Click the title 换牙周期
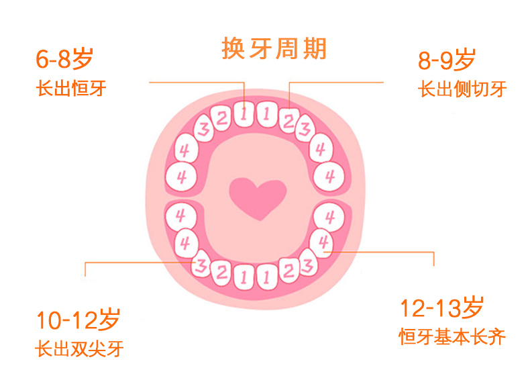point(274,50)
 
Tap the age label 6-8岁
point(64,60)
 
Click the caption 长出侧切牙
point(462,89)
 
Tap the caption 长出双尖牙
point(79,349)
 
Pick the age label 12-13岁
point(441,309)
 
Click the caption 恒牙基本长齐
point(452,336)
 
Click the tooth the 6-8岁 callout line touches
point(243,115)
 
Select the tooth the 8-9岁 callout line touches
point(288,120)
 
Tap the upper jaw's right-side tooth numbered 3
point(305,128)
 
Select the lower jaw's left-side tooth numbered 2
point(221,272)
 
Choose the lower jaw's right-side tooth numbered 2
point(288,271)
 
